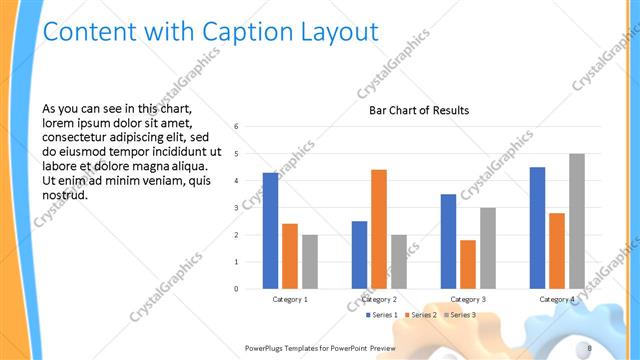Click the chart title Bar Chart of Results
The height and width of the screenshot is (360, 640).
[419, 110]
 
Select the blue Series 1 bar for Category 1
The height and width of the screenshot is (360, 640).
[271, 231]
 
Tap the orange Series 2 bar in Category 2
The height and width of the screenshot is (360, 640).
[379, 229]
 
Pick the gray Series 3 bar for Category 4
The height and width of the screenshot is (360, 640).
[577, 221]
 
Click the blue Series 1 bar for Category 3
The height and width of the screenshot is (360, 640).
[448, 241]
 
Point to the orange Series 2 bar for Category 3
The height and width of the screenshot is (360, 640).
[468, 264]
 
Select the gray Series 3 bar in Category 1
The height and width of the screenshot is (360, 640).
[310, 262]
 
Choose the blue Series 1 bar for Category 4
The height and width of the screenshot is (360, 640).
[538, 228]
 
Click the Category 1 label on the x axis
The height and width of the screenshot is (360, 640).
[290, 299]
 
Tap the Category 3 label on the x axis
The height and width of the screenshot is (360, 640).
[468, 299]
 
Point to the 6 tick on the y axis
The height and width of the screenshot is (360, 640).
[235, 127]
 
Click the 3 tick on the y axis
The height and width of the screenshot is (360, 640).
[235, 208]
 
